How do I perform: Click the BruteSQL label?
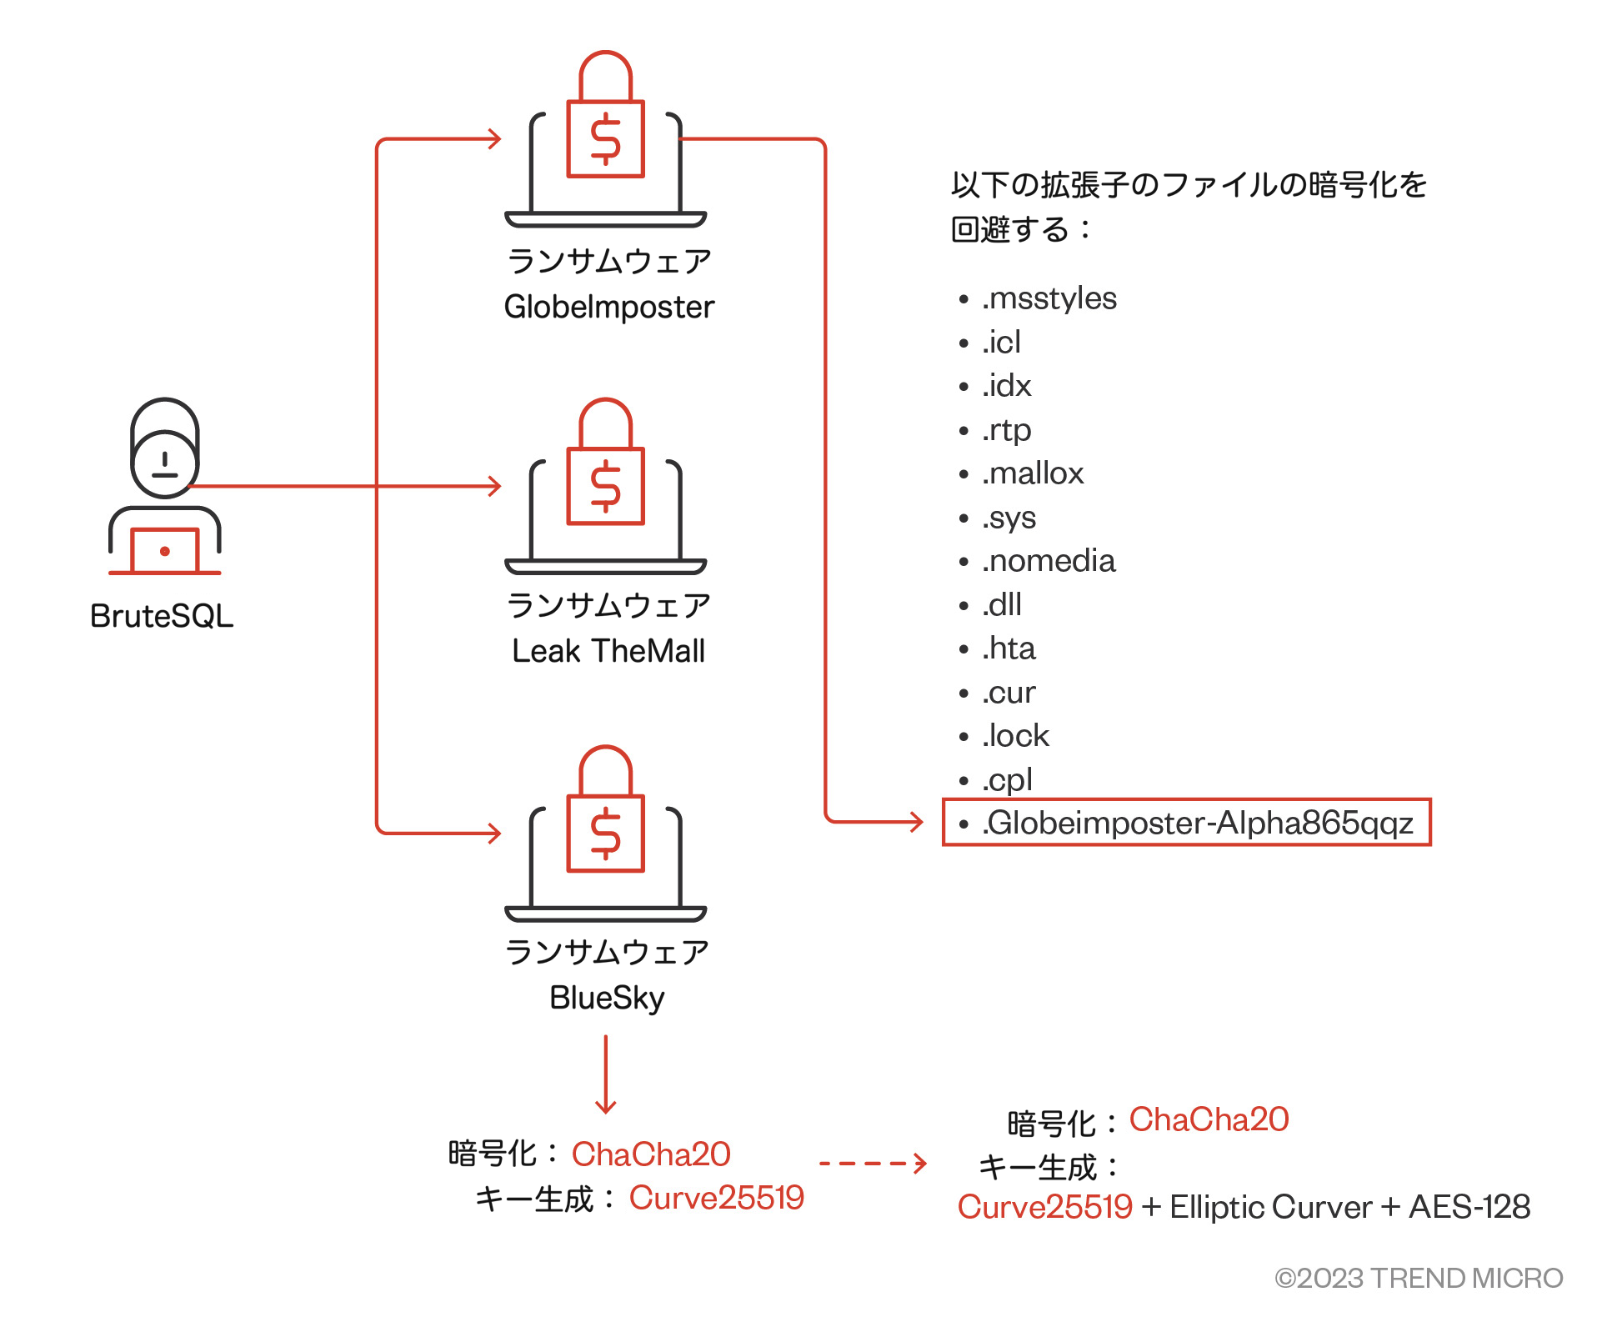(162, 616)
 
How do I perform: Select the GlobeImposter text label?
(609, 308)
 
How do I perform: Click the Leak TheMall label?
(608, 651)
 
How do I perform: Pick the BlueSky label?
(607, 998)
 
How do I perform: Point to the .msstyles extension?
(1049, 298)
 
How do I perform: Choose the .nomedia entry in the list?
(1048, 561)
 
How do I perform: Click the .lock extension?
(1015, 736)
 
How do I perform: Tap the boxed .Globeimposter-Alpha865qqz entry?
(1187, 823)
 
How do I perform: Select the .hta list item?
(1009, 648)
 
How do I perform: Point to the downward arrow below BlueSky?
(606, 1074)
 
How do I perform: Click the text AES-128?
(1469, 1207)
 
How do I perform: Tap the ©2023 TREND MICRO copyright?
(1419, 1278)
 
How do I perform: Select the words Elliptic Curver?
(1270, 1207)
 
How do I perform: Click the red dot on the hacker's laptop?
(165, 551)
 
